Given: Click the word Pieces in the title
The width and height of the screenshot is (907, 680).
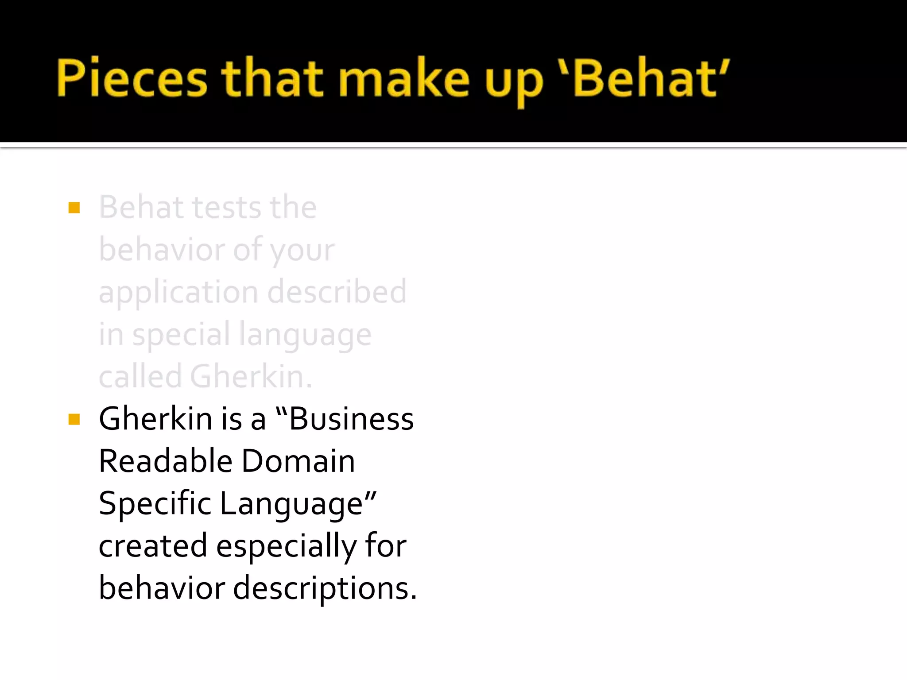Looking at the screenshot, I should [x=132, y=78].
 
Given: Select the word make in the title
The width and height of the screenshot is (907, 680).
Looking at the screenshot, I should [x=403, y=78].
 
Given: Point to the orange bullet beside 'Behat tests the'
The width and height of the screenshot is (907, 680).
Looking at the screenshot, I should [x=74, y=208].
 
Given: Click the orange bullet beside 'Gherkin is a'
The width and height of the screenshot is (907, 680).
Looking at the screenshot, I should [x=74, y=419].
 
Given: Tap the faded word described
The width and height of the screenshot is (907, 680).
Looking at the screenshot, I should [x=337, y=292].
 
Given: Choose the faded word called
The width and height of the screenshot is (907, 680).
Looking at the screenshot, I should [x=140, y=377].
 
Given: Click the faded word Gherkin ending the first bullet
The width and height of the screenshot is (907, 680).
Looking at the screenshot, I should [x=251, y=377].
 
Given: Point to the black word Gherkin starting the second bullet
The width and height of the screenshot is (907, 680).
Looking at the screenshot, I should [x=155, y=419].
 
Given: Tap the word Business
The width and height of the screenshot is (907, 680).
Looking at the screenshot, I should [x=351, y=419].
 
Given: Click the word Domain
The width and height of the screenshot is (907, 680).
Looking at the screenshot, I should [x=298, y=461].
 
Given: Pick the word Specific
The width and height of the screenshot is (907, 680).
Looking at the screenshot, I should [x=155, y=504].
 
